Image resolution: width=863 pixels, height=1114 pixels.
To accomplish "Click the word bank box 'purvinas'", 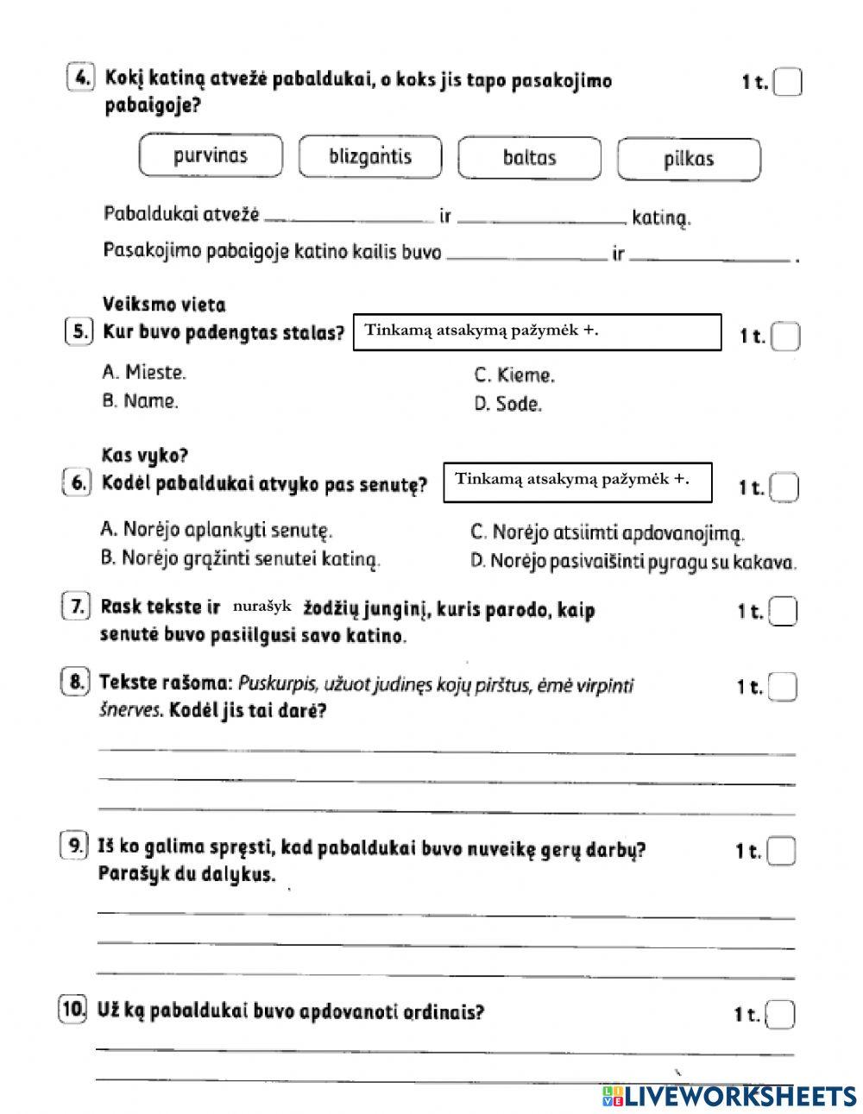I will (210, 156).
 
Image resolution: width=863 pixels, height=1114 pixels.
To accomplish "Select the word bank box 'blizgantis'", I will (369, 157).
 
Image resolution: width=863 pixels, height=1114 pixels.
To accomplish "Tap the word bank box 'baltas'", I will (529, 158).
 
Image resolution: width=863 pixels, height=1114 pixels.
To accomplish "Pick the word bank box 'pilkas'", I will (689, 159).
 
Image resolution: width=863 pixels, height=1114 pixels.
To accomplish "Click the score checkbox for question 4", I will (787, 83).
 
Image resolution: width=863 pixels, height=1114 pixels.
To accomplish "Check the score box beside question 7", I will (783, 611).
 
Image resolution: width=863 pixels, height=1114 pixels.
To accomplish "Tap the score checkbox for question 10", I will (780, 1015).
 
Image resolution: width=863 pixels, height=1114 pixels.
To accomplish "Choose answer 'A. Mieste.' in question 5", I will (143, 373).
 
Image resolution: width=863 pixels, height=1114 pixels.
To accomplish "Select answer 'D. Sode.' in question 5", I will (507, 404).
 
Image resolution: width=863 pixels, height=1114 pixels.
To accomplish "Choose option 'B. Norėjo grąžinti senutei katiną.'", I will (240, 559).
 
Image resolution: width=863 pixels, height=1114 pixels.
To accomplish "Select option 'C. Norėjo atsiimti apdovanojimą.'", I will (607, 534).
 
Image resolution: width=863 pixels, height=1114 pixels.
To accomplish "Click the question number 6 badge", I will (78, 484).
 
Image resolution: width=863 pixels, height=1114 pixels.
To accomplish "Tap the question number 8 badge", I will (76, 683).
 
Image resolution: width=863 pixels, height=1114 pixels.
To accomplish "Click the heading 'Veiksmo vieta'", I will (164, 305).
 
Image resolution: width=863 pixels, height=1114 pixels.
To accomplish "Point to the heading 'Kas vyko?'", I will (145, 455).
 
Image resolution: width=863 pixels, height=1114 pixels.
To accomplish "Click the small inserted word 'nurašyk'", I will (262, 607).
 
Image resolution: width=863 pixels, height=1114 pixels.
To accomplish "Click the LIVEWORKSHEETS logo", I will (728, 1095).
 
